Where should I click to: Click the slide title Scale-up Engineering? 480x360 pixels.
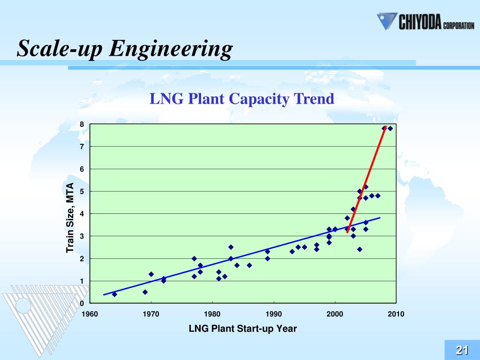coord(125,49)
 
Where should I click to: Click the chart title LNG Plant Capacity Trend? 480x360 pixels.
coord(241,99)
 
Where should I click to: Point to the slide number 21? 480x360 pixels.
coord(462,350)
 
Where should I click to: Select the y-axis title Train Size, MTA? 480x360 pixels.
coord(70,217)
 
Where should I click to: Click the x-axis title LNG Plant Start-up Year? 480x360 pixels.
coord(242,329)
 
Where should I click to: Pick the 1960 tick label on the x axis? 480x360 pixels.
coord(90,314)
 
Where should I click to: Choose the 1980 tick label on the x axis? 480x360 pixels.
coord(212,314)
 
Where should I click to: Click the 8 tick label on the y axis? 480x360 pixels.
coord(82,124)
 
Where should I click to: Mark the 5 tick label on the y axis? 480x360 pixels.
coord(82,191)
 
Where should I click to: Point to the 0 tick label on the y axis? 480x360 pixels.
coord(82,303)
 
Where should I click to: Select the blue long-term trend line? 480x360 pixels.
coord(234,257)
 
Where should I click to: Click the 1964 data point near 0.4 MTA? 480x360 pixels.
coord(114,294)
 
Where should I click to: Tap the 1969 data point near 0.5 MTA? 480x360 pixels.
coord(145,292)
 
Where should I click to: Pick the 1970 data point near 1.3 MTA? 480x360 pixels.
coord(151,274)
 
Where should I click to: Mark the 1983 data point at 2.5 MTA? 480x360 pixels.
coord(231,247)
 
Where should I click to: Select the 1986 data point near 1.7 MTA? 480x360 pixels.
coord(249,265)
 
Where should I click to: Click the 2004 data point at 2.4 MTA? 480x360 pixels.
coord(360,249)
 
